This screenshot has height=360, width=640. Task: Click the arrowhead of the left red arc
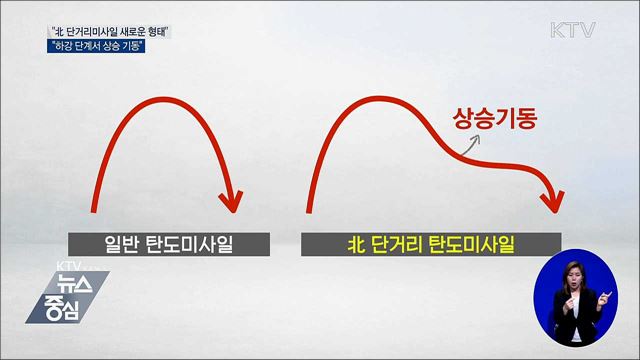232,199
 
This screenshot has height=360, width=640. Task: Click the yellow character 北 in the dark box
356,244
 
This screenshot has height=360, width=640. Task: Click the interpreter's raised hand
605,299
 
